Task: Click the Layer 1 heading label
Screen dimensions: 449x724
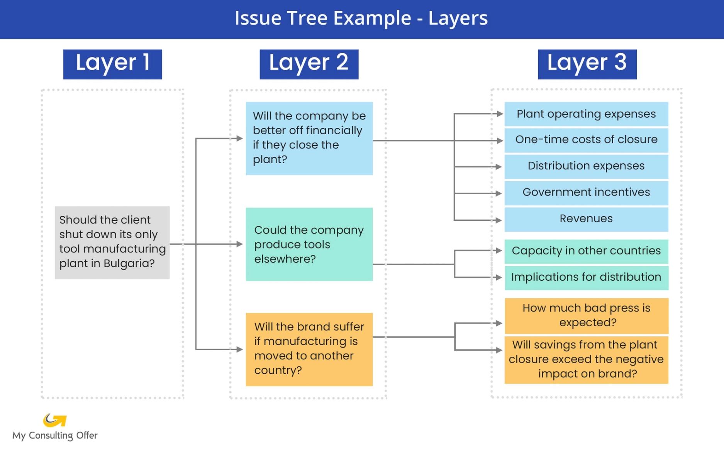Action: pos(112,64)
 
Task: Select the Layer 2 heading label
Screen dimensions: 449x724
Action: pos(309,64)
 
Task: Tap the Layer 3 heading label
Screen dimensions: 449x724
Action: pos(587,64)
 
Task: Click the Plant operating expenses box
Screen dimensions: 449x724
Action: pos(586,114)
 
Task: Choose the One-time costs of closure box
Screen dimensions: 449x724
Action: pos(586,140)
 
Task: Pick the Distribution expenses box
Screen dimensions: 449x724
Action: pos(586,166)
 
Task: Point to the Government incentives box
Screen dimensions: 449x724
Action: pos(586,192)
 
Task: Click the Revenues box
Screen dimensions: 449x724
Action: pos(586,219)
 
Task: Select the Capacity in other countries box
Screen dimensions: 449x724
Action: pos(586,251)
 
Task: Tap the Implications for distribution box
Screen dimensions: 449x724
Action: pos(586,277)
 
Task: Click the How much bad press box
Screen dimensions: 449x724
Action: pos(586,315)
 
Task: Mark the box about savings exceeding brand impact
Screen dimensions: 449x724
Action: pos(586,359)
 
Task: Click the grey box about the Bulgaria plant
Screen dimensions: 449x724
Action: pos(112,242)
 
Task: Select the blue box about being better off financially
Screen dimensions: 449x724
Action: pos(309,138)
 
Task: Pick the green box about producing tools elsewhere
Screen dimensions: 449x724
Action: pos(309,244)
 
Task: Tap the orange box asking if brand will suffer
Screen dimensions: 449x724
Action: pos(309,349)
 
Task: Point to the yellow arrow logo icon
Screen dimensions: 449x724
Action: pos(54,420)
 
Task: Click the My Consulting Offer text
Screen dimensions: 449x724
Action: pos(55,435)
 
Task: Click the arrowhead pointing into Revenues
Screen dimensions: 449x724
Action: pos(498,220)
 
